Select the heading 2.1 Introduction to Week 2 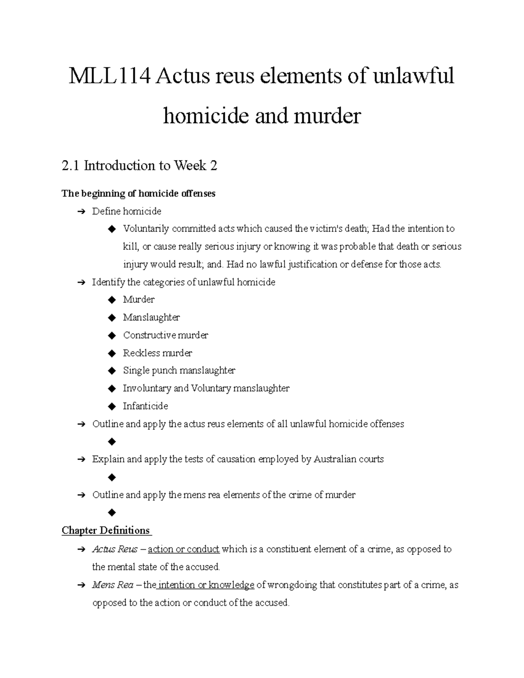tap(139, 166)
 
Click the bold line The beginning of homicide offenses tap(138, 193)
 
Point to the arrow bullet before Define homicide tap(81, 212)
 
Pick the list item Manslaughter tap(151, 317)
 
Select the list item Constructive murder tap(165, 335)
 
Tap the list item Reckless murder tap(157, 353)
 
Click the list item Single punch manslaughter tap(179, 371)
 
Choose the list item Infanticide tap(145, 406)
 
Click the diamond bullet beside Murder tap(112, 300)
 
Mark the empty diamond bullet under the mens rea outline tap(112, 512)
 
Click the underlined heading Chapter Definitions tap(106, 530)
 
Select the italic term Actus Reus tap(115, 549)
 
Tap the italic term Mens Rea tap(113, 585)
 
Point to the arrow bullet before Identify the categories tap(81, 282)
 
